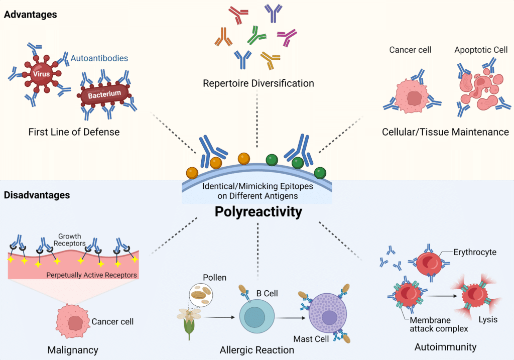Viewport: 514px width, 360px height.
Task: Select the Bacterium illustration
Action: coord(105,94)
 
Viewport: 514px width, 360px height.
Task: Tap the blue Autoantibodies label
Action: coord(99,58)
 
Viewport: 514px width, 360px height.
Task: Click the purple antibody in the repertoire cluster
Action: coord(275,13)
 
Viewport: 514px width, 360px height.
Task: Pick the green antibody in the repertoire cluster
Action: coord(257,37)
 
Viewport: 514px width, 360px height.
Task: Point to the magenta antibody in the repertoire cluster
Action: coord(287,36)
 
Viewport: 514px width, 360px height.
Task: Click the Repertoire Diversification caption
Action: coord(258,83)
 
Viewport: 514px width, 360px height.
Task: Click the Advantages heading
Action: coord(30,15)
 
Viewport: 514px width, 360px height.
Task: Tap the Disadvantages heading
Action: coord(37,194)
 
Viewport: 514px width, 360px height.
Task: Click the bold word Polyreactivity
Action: coord(258,212)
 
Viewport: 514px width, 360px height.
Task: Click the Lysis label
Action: coord(487,319)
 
